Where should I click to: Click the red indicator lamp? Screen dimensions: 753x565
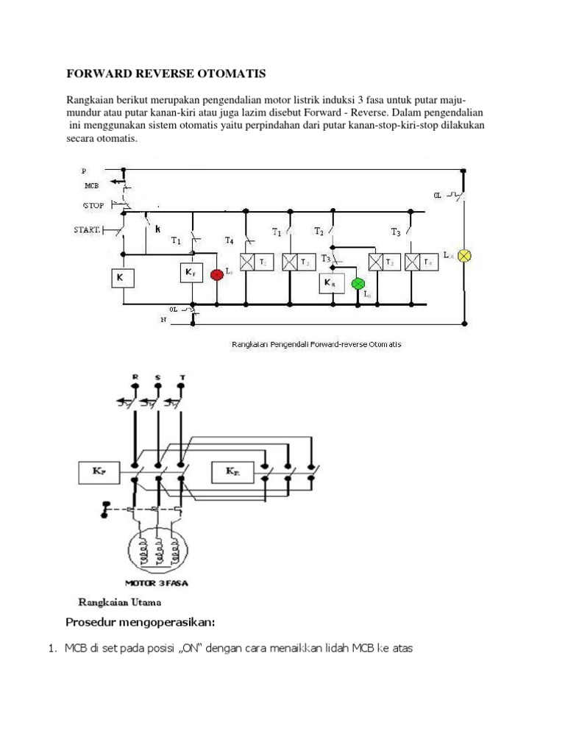[x=217, y=274]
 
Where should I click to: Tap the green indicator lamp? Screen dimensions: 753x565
[x=358, y=283]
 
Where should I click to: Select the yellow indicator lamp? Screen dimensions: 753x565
[x=464, y=256]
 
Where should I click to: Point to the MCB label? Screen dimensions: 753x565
[x=91, y=186]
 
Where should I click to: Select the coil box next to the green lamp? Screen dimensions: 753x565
[x=332, y=282]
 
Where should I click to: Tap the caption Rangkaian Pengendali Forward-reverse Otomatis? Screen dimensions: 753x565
[x=316, y=343]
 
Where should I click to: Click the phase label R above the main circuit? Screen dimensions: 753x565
[x=135, y=376]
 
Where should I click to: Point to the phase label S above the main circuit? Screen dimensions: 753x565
[x=158, y=376]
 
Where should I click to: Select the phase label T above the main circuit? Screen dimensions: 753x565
[x=182, y=376]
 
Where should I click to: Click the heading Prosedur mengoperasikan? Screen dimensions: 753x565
[x=141, y=624]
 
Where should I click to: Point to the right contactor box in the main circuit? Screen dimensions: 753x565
[x=234, y=471]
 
